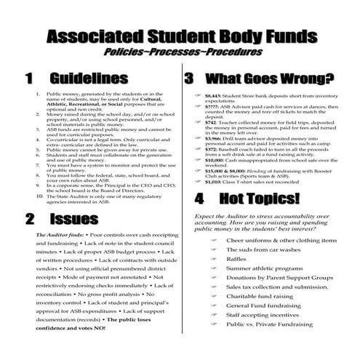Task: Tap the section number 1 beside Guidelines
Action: [x=30, y=78]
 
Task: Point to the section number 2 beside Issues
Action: [x=30, y=219]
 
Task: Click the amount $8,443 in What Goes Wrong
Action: [x=215, y=95]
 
